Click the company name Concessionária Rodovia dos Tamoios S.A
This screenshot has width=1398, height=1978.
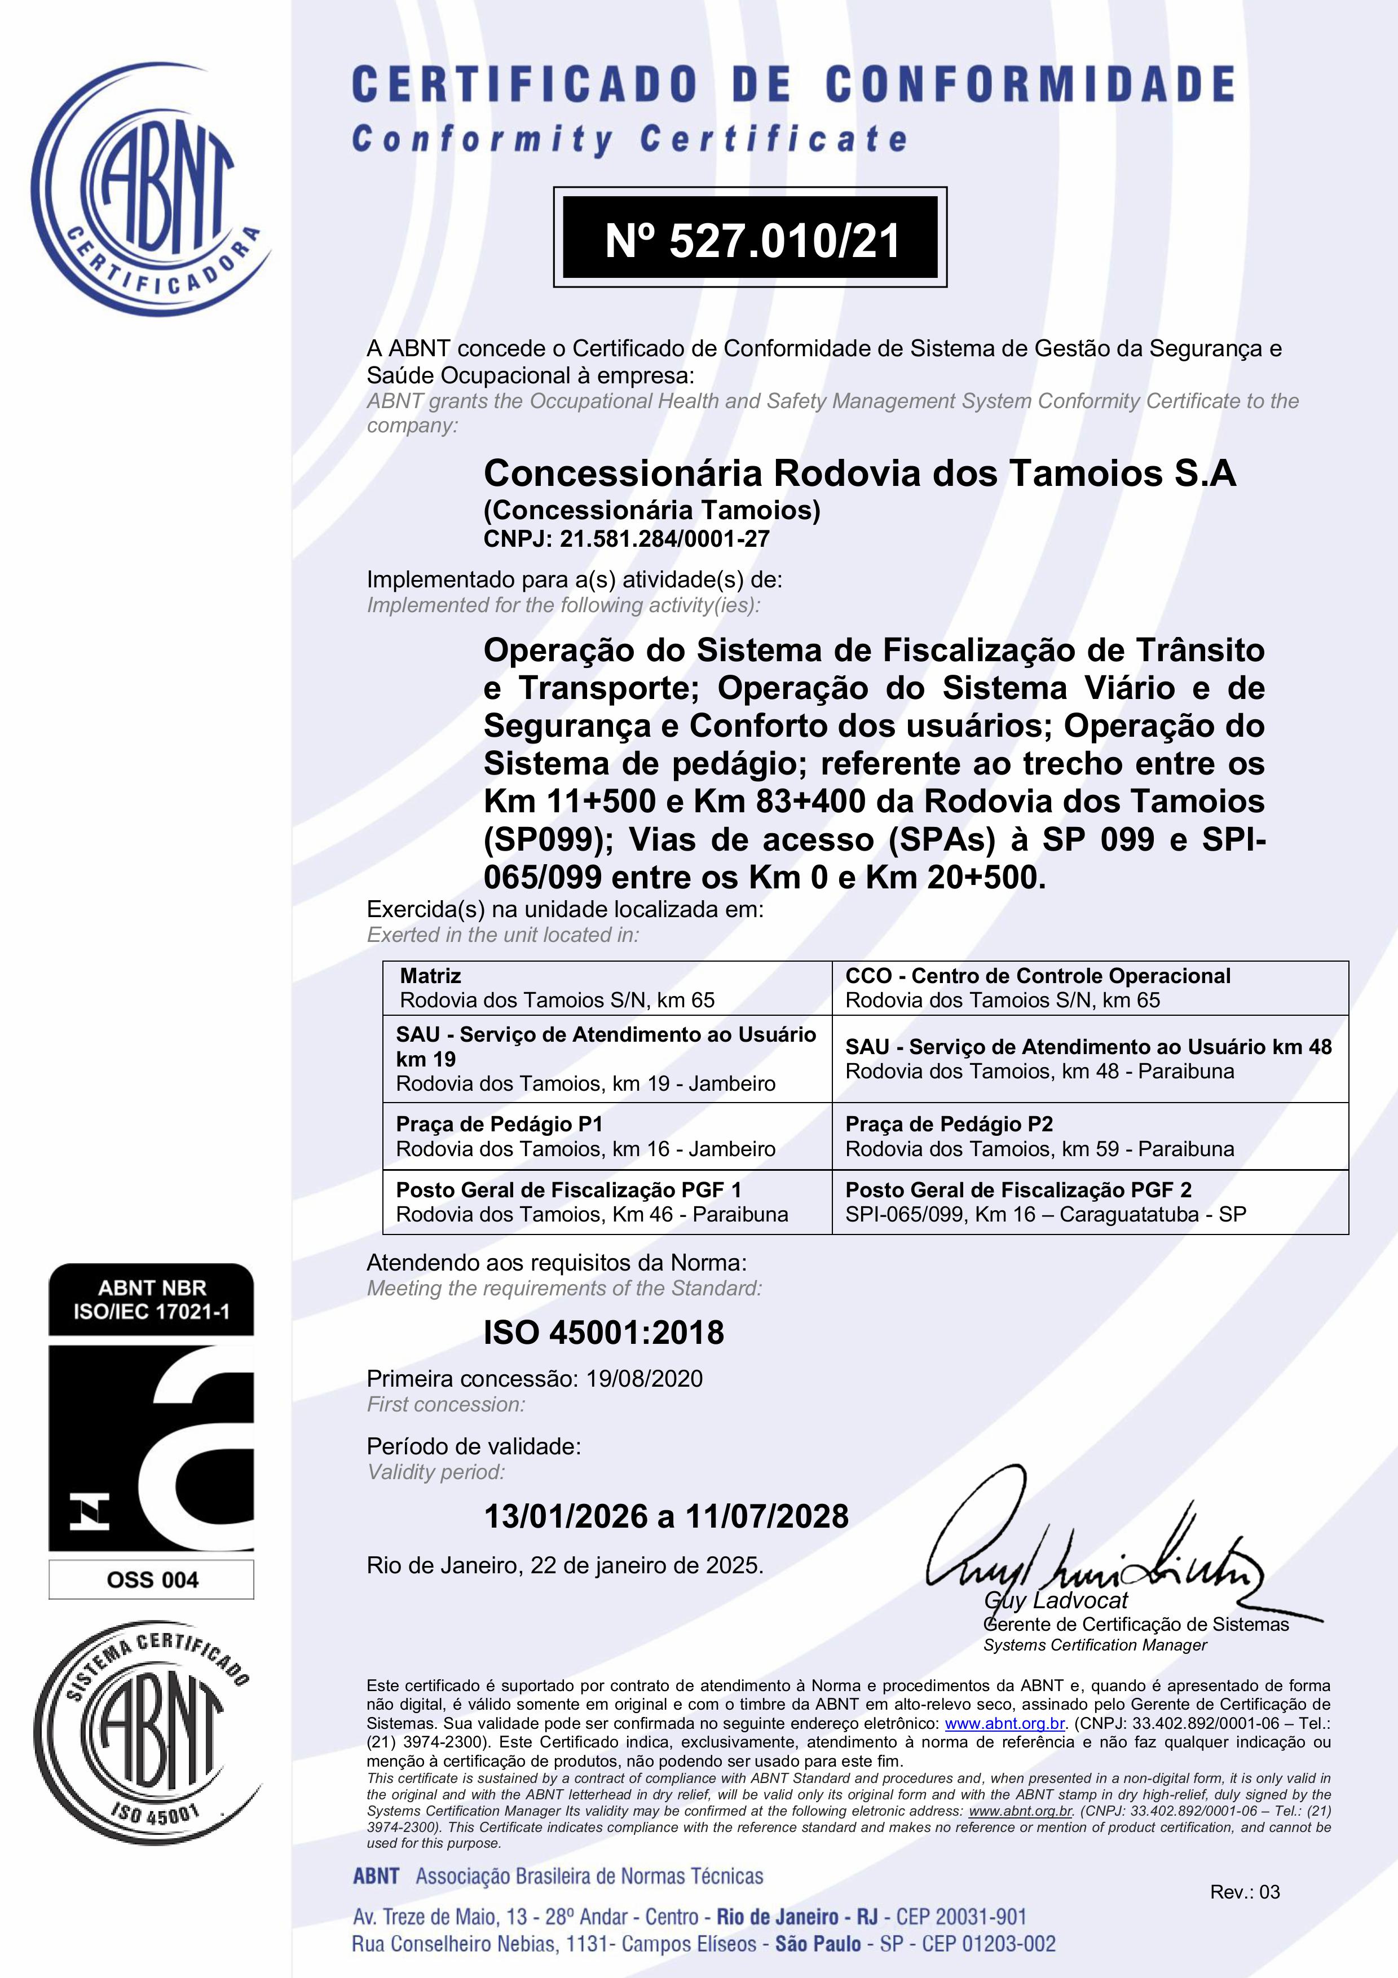(x=859, y=474)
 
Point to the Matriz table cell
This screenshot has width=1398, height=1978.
(x=607, y=988)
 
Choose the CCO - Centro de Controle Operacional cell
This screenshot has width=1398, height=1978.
(x=1090, y=988)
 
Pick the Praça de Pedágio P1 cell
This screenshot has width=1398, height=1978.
(x=607, y=1136)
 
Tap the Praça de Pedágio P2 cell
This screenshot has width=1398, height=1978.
(x=1090, y=1136)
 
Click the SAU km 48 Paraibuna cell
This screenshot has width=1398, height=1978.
(x=1090, y=1059)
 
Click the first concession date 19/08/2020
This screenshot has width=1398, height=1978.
(x=644, y=1378)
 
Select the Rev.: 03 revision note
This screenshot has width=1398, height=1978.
(x=1245, y=1892)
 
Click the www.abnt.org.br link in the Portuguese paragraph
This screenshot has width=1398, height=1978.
(x=1005, y=1724)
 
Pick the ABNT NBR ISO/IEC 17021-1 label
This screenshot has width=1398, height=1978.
(x=152, y=1299)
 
